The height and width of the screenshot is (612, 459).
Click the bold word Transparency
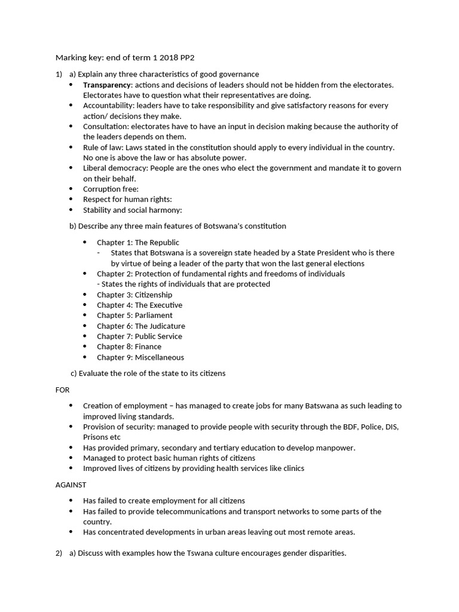click(106, 85)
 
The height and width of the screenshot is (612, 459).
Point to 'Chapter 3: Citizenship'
click(134, 295)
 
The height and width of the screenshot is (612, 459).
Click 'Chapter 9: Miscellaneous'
click(140, 357)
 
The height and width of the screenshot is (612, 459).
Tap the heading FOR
click(63, 390)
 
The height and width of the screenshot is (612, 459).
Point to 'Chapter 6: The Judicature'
click(141, 326)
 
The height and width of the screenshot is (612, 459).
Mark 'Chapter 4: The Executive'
click(139, 305)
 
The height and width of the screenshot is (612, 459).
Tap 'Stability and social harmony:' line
click(132, 210)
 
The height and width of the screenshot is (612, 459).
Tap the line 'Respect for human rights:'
click(127, 199)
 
